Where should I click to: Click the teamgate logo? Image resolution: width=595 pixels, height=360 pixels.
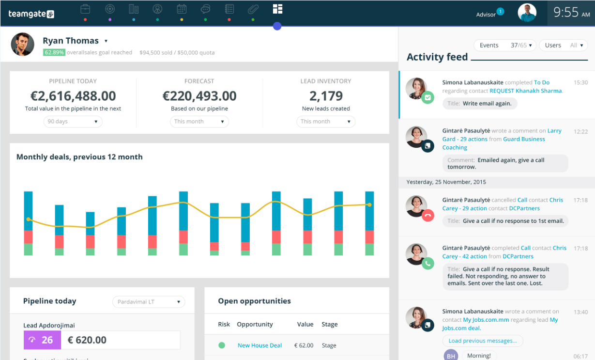point(31,14)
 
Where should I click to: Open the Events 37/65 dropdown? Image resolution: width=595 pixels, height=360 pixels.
point(504,45)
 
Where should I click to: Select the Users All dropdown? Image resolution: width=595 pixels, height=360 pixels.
point(563,45)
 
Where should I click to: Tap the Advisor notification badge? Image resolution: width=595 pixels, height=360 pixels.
point(500,11)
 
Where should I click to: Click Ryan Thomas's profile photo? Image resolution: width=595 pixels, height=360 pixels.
point(23,45)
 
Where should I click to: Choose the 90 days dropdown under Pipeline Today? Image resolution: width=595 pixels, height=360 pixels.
point(73,122)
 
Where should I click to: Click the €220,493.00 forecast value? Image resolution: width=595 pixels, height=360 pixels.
point(199,96)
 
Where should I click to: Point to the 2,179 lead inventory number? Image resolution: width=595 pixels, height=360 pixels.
point(326,96)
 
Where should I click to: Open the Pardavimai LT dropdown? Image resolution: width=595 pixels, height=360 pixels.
point(149,302)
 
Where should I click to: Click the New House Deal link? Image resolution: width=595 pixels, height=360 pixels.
point(259,345)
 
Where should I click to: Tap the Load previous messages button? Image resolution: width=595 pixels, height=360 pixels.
point(482,341)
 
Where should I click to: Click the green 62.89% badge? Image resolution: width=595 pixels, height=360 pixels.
point(54,52)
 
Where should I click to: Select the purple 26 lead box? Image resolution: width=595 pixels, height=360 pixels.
point(42,340)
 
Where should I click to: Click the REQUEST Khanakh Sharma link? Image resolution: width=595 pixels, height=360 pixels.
point(526,91)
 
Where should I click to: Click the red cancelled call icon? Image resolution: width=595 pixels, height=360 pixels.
point(427,216)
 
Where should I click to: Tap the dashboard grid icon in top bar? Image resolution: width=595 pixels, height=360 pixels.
point(277,9)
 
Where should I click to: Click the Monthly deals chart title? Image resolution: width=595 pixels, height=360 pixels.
point(79,157)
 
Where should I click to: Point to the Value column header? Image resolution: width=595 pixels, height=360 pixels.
point(305,324)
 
